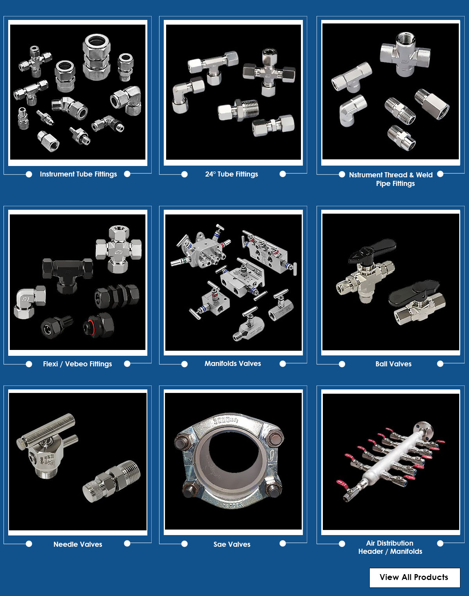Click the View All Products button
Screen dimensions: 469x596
[x=415, y=577]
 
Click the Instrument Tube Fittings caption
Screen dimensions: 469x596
[x=78, y=174]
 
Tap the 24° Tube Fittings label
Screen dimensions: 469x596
[x=231, y=174]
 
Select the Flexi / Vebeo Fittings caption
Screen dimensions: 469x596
[x=77, y=364]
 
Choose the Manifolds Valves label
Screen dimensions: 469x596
[x=233, y=364]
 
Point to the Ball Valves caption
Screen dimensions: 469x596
[x=393, y=364]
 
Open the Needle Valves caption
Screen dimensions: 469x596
[x=78, y=544]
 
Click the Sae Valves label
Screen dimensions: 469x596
[x=232, y=544]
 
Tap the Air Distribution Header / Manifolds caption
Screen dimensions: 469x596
[x=390, y=547]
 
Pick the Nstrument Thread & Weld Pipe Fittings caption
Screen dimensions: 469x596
[x=391, y=179]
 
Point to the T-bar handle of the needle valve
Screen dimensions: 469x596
[x=46, y=429]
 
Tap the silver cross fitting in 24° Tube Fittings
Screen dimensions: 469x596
[x=269, y=73]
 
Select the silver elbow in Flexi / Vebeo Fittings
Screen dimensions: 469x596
[x=29, y=302]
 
